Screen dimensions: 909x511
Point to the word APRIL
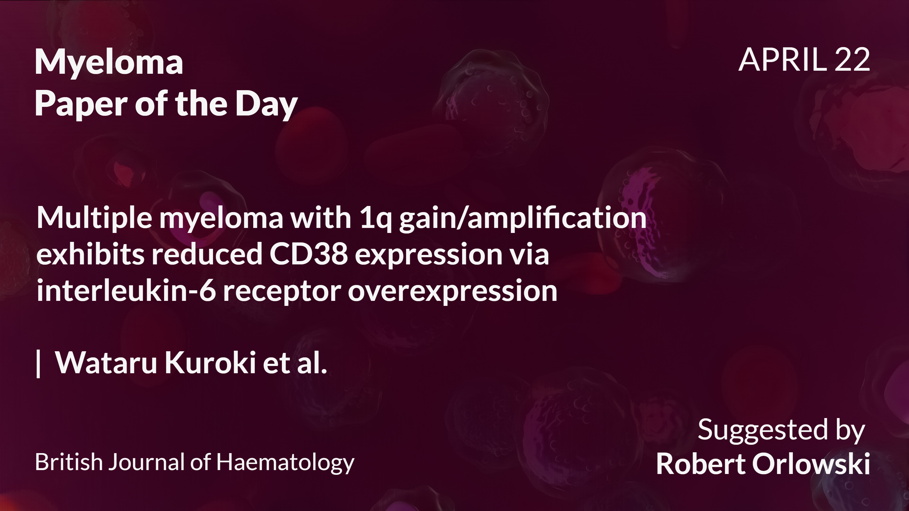coord(783,60)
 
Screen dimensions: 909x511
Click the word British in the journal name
coord(69,462)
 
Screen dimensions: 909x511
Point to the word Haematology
coord(285,463)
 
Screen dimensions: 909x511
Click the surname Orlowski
coord(811,463)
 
